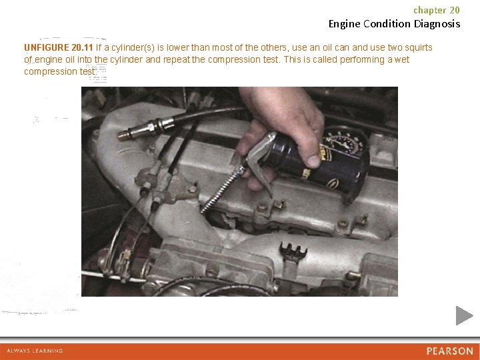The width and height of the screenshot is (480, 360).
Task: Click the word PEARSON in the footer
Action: tap(450, 351)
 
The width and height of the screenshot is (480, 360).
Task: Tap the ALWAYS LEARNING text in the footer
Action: tap(35, 351)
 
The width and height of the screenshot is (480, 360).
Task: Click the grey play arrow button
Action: tap(464, 315)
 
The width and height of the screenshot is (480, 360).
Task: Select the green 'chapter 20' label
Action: tap(437, 10)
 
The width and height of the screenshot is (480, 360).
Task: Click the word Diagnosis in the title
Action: tap(437, 24)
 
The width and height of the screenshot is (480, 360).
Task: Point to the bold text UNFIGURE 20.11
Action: tap(59, 47)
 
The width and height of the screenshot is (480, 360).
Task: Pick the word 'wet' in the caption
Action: tap(402, 59)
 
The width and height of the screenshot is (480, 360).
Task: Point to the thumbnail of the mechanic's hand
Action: tap(314, 161)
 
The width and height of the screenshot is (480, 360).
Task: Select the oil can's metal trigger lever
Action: tap(260, 161)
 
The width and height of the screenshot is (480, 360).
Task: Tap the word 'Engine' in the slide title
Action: tap(345, 24)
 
